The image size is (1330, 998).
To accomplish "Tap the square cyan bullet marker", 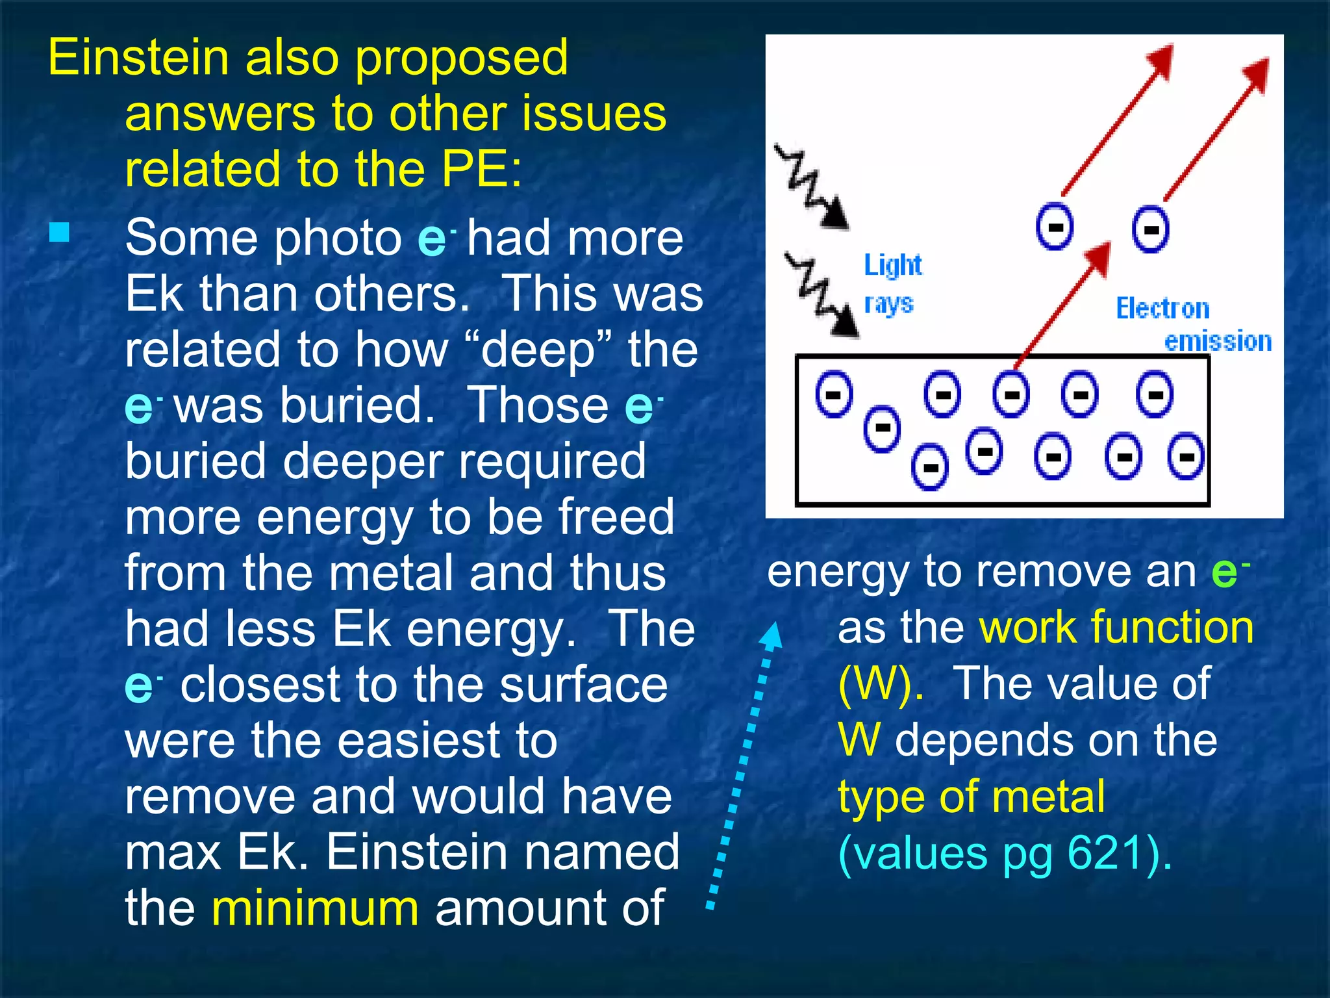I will pos(59,233).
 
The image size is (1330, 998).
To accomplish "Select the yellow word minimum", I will pos(315,908).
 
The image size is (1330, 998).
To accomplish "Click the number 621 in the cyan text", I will pos(1105,852).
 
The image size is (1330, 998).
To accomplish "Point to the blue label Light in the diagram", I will pos(892,264).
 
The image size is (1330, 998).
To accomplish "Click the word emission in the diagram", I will pos(1218,341).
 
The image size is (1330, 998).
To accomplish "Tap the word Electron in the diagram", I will pos(1162,308).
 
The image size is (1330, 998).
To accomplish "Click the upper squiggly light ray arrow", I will pos(812,188).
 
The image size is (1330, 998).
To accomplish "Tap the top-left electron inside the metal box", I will pos(834,394).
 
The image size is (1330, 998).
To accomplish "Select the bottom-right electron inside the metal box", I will pos(1185,457).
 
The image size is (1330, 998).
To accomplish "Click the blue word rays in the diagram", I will pos(888,304).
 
